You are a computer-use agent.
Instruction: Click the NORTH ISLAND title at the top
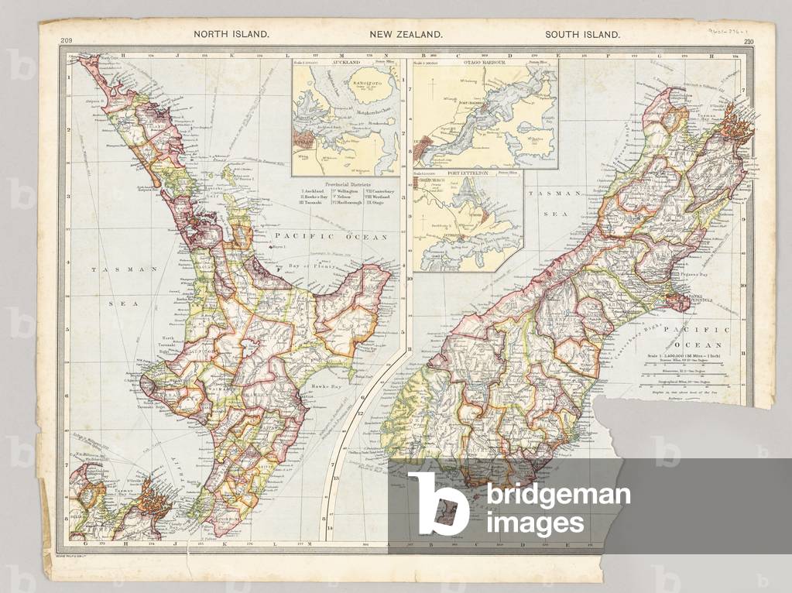coord(231,34)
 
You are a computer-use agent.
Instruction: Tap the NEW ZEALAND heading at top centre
coord(405,34)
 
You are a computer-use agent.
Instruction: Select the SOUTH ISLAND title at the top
coord(582,34)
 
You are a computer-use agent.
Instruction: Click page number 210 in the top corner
coord(748,42)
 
